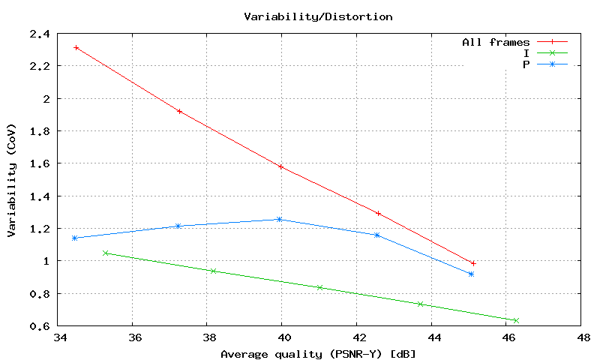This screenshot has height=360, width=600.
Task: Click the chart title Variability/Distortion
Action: pyautogui.click(x=318, y=16)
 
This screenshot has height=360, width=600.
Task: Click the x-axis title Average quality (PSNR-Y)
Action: pyautogui.click(x=318, y=352)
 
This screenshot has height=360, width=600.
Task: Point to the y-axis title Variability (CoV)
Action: pyautogui.click(x=12, y=180)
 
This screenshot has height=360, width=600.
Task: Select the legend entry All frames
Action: pyautogui.click(x=496, y=42)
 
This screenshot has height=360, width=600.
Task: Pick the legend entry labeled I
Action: pyautogui.click(x=526, y=53)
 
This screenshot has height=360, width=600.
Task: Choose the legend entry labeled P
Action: pyautogui.click(x=526, y=64)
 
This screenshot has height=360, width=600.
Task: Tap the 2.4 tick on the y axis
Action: pyautogui.click(x=40, y=34)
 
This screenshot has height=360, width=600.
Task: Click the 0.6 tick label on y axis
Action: pyautogui.click(x=40, y=326)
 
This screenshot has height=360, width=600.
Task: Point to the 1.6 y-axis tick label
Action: pyautogui.click(x=40, y=163)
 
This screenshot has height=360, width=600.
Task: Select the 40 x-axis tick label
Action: pyautogui.click(x=282, y=338)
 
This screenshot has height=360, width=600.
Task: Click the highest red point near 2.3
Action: pyautogui.click(x=76, y=47)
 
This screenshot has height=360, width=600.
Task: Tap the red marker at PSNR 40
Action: pyautogui.click(x=280, y=166)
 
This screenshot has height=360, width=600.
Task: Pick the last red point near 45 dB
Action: pyautogui.click(x=473, y=263)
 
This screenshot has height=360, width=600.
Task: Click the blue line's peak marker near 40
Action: pyautogui.click(x=279, y=219)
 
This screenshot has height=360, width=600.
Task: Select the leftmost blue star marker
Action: pyautogui.click(x=74, y=238)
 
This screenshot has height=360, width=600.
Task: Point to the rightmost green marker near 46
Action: pyautogui.click(x=515, y=320)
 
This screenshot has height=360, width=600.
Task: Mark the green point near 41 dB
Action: pyautogui.click(x=319, y=287)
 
